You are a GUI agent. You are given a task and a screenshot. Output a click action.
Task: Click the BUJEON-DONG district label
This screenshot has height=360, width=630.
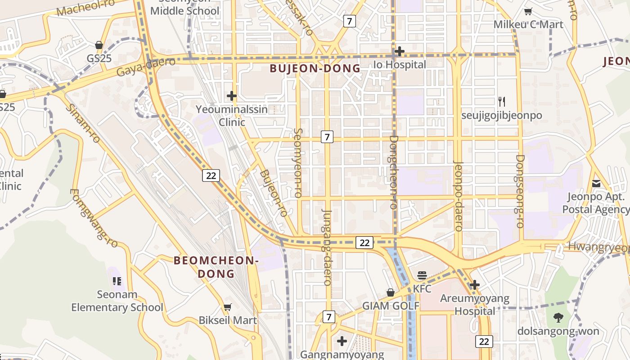coord(315,68)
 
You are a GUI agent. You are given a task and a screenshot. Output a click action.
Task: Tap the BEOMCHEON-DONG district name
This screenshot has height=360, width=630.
coord(216,267)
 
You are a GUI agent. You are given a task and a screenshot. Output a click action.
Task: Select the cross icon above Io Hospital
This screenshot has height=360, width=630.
coord(399,51)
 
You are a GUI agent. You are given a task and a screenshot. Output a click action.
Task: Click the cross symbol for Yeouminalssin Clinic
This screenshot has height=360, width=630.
coord(232,96)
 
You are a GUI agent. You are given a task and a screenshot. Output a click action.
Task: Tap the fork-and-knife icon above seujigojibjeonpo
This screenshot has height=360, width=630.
coord(502,102)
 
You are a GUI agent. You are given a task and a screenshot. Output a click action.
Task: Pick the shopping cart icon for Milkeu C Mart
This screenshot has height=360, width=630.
coord(528,11)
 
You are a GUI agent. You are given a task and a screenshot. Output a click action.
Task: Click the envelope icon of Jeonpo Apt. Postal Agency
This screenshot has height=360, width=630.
coord(596,184)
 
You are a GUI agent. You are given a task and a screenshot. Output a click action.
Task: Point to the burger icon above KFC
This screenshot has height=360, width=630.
coord(422,275)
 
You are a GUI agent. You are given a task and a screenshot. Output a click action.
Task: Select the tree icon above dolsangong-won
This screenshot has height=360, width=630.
coord(558,318)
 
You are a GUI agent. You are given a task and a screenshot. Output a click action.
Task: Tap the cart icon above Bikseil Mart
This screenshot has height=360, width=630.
coord(228,307)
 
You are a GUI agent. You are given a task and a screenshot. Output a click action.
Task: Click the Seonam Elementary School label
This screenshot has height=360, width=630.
coord(117,301)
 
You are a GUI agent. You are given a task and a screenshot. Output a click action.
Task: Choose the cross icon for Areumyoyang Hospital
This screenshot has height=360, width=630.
coord(474,285)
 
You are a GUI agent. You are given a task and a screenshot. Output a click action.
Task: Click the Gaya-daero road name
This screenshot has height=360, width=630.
coord(139,68)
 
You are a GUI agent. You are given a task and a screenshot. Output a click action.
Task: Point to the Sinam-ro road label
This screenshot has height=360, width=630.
coord(83,123)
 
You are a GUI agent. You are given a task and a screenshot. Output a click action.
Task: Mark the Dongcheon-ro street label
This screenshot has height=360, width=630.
coord(394,172)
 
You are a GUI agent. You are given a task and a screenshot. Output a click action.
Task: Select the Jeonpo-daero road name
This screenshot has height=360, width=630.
coord(459,196)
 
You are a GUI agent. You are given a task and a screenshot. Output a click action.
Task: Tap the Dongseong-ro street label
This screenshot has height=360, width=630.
coord(520,191)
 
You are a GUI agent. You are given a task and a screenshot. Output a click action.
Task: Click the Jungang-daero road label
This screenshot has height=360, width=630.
coord(327,247)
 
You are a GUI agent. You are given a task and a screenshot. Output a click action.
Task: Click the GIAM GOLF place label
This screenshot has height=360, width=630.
coord(391,306)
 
